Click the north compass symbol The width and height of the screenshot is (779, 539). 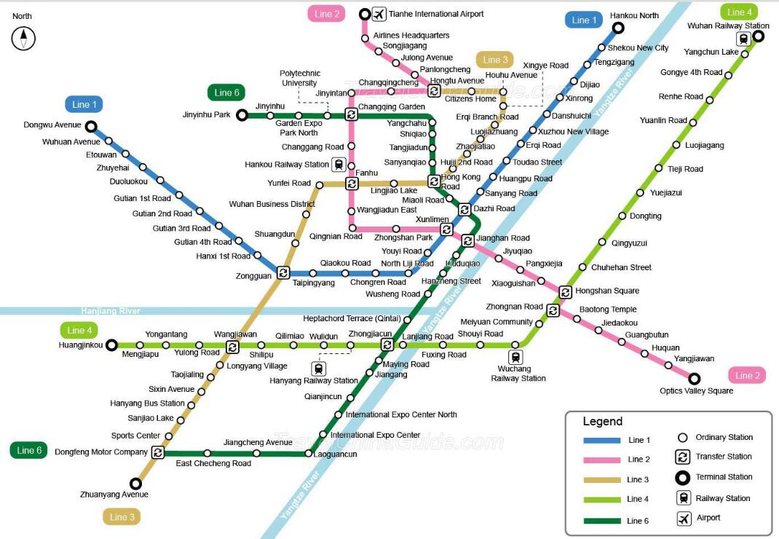[x=23, y=38]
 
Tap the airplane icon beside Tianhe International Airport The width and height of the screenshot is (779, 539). [x=379, y=14]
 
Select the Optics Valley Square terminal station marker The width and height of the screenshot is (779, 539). [x=695, y=378]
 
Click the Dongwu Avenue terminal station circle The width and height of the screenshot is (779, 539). [x=91, y=126]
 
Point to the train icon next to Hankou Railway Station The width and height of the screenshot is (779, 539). [x=338, y=165]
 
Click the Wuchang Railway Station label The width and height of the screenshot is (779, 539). [x=518, y=374]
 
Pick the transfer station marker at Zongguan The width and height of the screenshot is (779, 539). [x=283, y=273]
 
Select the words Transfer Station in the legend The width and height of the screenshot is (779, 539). [x=724, y=457]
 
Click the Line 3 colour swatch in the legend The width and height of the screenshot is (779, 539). [x=601, y=479]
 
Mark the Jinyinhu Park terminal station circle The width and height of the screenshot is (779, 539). [x=242, y=114]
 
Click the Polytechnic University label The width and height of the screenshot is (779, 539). [x=300, y=78]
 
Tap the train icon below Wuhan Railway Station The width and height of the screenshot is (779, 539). [x=743, y=39]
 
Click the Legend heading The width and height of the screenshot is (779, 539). [x=602, y=422]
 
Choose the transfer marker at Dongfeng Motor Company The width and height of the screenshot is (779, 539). [x=157, y=452]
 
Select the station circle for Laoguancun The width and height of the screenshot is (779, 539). [x=309, y=454]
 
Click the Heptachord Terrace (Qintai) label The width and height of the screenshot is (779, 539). [x=352, y=318]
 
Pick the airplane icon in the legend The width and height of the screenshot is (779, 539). [x=683, y=519]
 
